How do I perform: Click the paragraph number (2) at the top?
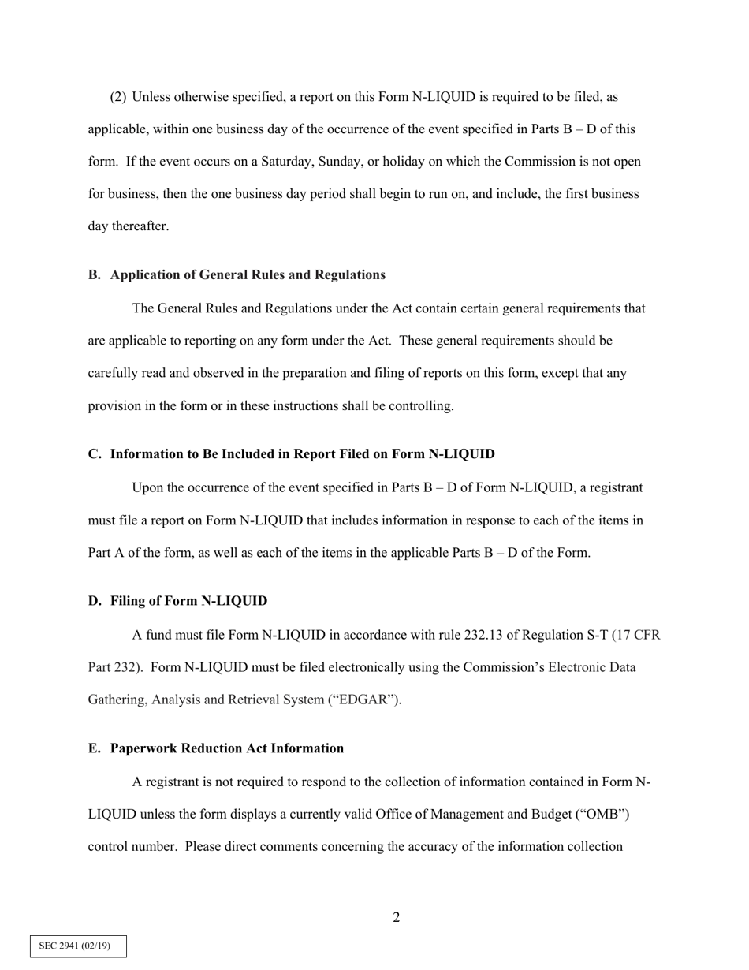117,97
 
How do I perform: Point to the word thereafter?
140,226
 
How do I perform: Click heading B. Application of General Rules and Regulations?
237,274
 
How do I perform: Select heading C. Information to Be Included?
291,454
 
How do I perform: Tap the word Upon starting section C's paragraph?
147,487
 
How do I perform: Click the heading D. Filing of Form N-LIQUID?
177,601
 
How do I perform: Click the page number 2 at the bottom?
396,917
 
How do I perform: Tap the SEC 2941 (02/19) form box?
78,946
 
